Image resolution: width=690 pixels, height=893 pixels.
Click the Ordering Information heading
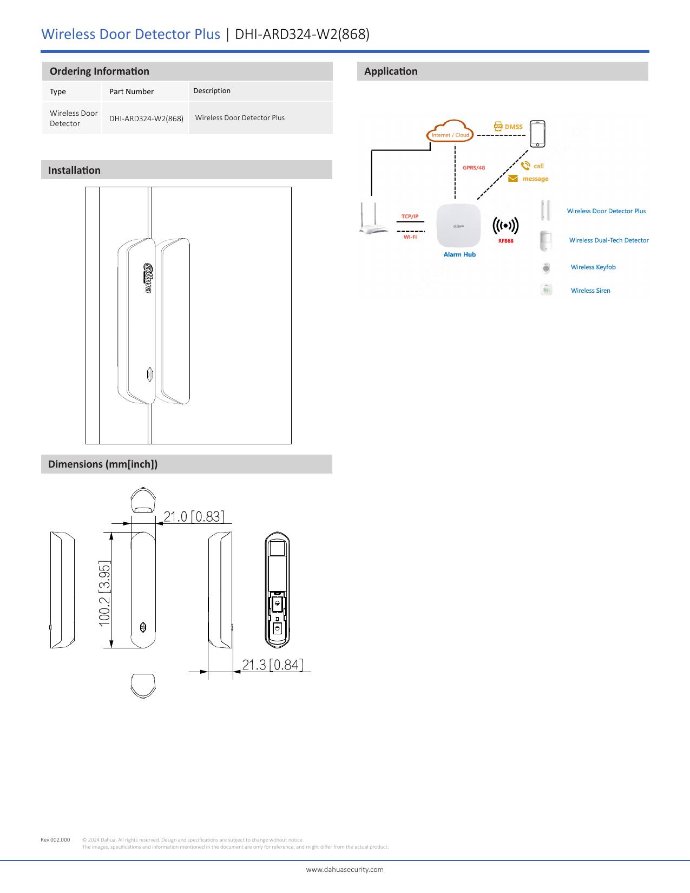(99, 71)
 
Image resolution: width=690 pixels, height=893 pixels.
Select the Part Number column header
(132, 91)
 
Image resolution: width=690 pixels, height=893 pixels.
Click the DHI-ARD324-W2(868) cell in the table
(146, 119)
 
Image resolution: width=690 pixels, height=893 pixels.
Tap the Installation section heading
(74, 170)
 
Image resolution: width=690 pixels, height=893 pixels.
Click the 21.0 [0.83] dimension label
(194, 516)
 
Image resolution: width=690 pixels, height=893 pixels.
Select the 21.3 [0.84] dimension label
(272, 665)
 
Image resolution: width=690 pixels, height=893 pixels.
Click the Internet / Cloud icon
(450, 132)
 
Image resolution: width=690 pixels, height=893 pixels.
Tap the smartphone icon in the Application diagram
(537, 133)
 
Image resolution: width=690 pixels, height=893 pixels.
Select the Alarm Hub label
(459, 254)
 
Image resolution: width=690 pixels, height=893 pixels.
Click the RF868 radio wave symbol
(505, 226)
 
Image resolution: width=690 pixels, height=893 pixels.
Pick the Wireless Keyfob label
(593, 267)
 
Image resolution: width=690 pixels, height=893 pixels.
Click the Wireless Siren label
(590, 291)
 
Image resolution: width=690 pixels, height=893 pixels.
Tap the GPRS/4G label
(474, 168)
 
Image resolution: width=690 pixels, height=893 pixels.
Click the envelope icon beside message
(512, 179)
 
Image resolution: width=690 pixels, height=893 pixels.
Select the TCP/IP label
(410, 216)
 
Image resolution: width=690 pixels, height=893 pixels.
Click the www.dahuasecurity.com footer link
(345, 869)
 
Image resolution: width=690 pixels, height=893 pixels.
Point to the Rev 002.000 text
(55, 840)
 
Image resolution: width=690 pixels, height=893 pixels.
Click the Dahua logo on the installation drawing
(147, 278)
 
